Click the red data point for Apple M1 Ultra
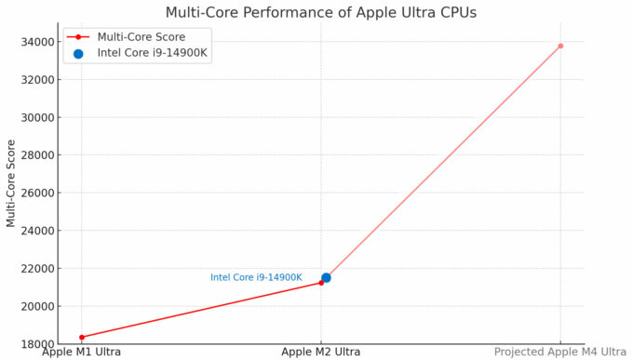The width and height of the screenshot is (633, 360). point(82,337)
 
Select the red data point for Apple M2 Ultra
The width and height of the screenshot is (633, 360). point(321,282)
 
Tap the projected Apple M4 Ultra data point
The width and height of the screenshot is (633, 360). point(560,46)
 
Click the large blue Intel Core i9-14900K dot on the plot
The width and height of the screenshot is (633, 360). point(326,277)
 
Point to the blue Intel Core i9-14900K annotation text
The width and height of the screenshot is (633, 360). point(256,277)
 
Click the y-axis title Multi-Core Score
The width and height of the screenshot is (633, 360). point(11,183)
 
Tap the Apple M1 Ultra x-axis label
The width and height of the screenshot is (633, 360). point(82,352)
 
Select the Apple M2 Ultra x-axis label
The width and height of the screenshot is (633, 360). point(321,352)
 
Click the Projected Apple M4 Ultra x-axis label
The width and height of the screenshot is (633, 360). point(560,352)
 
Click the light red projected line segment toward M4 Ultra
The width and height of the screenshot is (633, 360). point(442,162)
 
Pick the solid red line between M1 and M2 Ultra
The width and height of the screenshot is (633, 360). point(201,310)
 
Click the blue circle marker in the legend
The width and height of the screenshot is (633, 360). point(78,53)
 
